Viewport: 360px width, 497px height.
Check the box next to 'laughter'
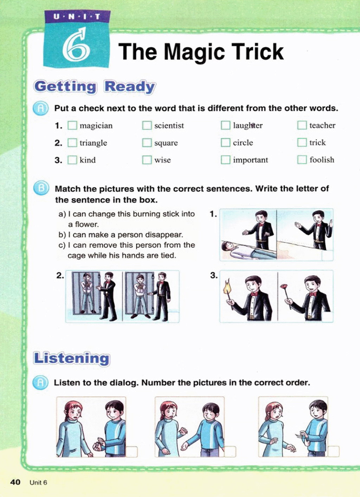(225, 125)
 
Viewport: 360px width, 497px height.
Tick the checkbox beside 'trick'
(302, 143)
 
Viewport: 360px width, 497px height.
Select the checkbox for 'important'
(225, 160)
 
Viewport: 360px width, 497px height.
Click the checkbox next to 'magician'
(72, 126)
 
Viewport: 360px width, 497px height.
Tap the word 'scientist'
(169, 126)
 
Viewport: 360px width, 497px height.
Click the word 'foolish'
(322, 160)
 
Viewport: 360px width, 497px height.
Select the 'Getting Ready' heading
(95, 87)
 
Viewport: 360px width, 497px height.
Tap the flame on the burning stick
(228, 287)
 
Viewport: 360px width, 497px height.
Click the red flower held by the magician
(284, 287)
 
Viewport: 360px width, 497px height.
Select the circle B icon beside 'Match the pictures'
(41, 188)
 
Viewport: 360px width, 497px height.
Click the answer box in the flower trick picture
(327, 317)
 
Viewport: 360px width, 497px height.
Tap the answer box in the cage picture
(173, 317)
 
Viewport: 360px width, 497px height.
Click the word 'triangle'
(93, 143)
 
